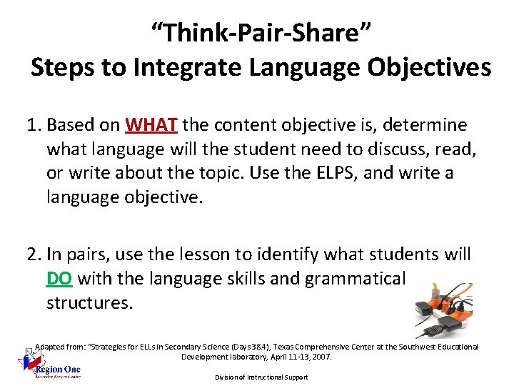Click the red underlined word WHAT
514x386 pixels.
151,126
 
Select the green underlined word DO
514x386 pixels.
59,277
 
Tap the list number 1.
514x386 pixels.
34,126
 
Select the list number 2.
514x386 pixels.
34,254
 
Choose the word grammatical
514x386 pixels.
355,277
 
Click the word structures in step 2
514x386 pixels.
89,302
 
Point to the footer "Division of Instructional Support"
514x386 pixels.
261,377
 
